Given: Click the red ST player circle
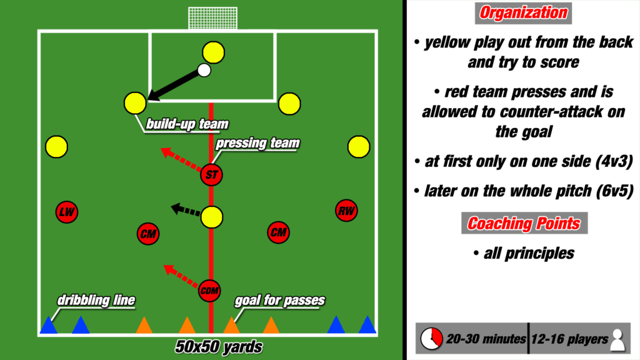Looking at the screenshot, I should [212, 175].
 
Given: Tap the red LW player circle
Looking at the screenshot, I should [66, 212].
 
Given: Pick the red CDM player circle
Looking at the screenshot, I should [211, 290].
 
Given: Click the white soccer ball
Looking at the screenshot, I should [204, 70].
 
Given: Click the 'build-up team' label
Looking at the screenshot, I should [178, 124].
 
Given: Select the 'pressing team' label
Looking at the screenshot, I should [257, 143].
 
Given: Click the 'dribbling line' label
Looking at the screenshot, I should [96, 301].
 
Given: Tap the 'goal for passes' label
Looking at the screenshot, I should [279, 301].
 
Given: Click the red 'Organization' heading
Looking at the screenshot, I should [524, 12].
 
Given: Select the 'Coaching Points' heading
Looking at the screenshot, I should [524, 223].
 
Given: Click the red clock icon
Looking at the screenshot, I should [431, 339].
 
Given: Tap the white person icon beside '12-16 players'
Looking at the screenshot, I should [617, 339].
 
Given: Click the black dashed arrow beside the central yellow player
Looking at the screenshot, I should [186, 211].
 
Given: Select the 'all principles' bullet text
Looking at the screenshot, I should [524, 254].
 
